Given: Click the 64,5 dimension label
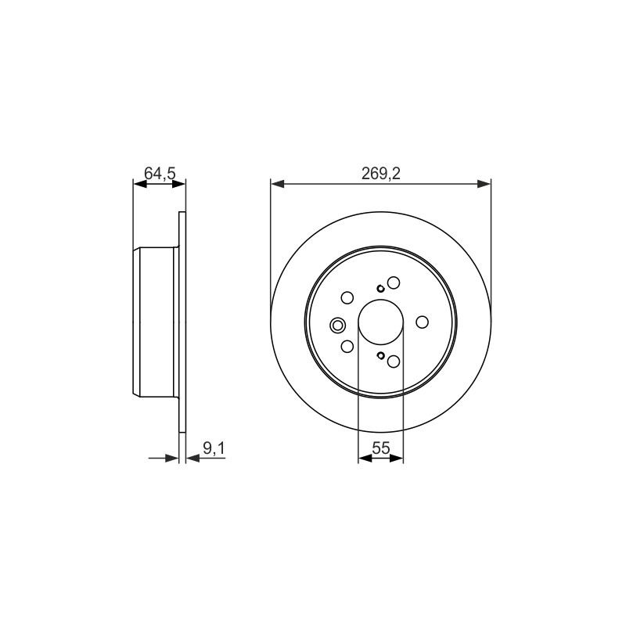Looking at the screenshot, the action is tap(160, 173).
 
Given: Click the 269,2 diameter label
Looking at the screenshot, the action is tap(381, 173).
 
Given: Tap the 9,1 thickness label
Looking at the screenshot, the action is tap(214, 448).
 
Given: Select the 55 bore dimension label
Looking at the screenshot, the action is tap(381, 448).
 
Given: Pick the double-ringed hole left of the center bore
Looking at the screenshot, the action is tap(337, 326).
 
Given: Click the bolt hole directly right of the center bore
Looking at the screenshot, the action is tap(422, 322).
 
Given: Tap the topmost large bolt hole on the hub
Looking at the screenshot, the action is tap(394, 282).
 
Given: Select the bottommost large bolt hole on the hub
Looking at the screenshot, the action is tap(394, 362).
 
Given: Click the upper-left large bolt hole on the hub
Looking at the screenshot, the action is tap(347, 298).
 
